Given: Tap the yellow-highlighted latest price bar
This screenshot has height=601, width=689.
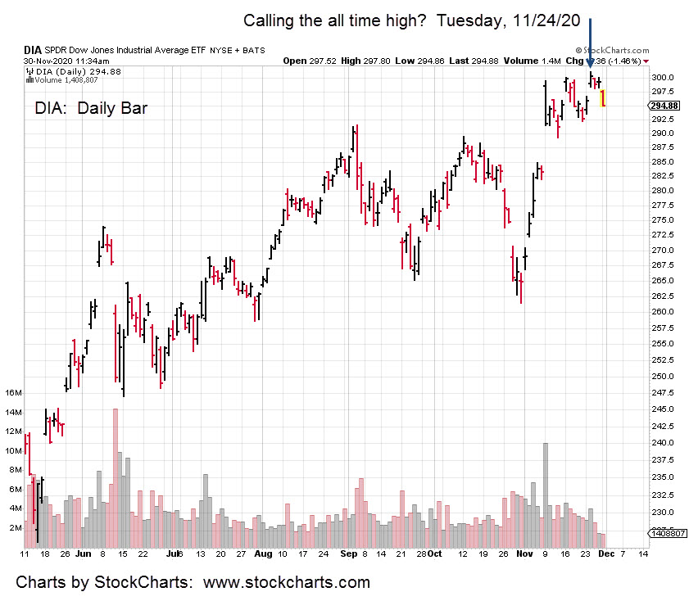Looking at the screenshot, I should tap(603, 98).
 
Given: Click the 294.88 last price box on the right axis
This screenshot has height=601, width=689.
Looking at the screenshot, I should tap(664, 106).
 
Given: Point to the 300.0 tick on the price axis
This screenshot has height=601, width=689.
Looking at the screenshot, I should tap(663, 77).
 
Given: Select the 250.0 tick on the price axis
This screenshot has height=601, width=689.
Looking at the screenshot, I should tap(663, 377).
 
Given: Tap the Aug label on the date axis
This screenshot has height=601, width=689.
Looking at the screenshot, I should tap(262, 554).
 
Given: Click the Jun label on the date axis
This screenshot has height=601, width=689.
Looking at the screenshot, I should tap(82, 554).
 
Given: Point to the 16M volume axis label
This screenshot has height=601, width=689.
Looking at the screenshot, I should tap(13, 393).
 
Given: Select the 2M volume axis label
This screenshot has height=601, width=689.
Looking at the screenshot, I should tap(15, 528).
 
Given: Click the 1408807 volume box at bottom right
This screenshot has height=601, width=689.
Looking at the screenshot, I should tap(664, 533).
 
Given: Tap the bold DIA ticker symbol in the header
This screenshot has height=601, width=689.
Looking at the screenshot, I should tap(33, 51).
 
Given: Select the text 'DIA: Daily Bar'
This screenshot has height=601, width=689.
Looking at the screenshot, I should tap(91, 107).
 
